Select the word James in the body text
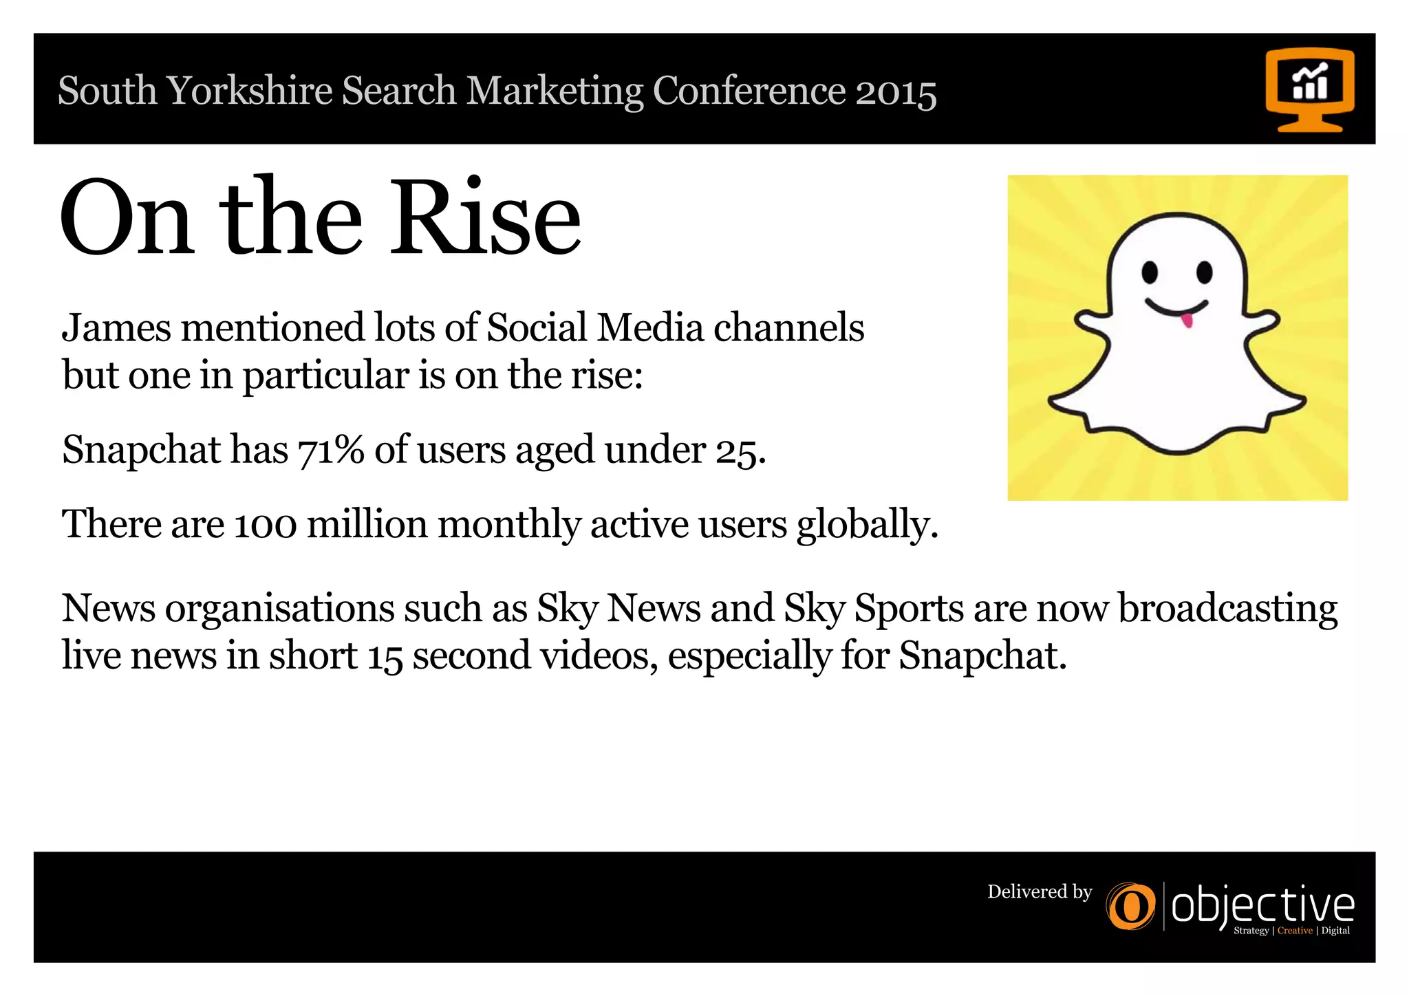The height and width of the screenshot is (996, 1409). coord(116,327)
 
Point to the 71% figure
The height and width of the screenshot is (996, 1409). coord(330,450)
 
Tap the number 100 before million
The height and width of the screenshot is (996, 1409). coord(266,525)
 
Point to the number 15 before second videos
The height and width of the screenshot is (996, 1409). coord(385,656)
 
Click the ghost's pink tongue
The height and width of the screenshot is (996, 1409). coord(1186,321)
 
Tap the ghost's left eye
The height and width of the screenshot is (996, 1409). coord(1150,272)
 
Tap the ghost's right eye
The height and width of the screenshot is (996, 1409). coord(1204,272)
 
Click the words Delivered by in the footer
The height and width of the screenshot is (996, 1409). coord(1040,892)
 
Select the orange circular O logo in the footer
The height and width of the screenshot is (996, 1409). coord(1130,907)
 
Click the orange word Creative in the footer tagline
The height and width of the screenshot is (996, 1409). coord(1295,931)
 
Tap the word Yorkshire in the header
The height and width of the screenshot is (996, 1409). coord(249,91)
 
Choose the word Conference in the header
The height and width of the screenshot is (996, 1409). coord(749,91)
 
